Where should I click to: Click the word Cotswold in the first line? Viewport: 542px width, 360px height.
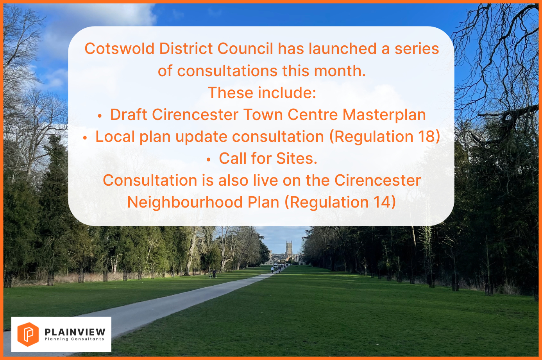coord(120,48)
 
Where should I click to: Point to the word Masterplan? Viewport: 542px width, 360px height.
coord(384,115)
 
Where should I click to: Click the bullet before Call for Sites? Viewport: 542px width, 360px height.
coord(209,160)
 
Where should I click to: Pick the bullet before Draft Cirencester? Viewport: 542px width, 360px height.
coord(100,116)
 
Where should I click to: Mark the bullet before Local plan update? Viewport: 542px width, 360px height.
coord(85,138)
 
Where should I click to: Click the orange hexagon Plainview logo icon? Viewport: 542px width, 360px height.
coord(28,334)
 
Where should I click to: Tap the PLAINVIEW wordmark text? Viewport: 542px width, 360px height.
coord(75,332)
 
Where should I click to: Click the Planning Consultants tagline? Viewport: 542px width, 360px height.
coord(75,339)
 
